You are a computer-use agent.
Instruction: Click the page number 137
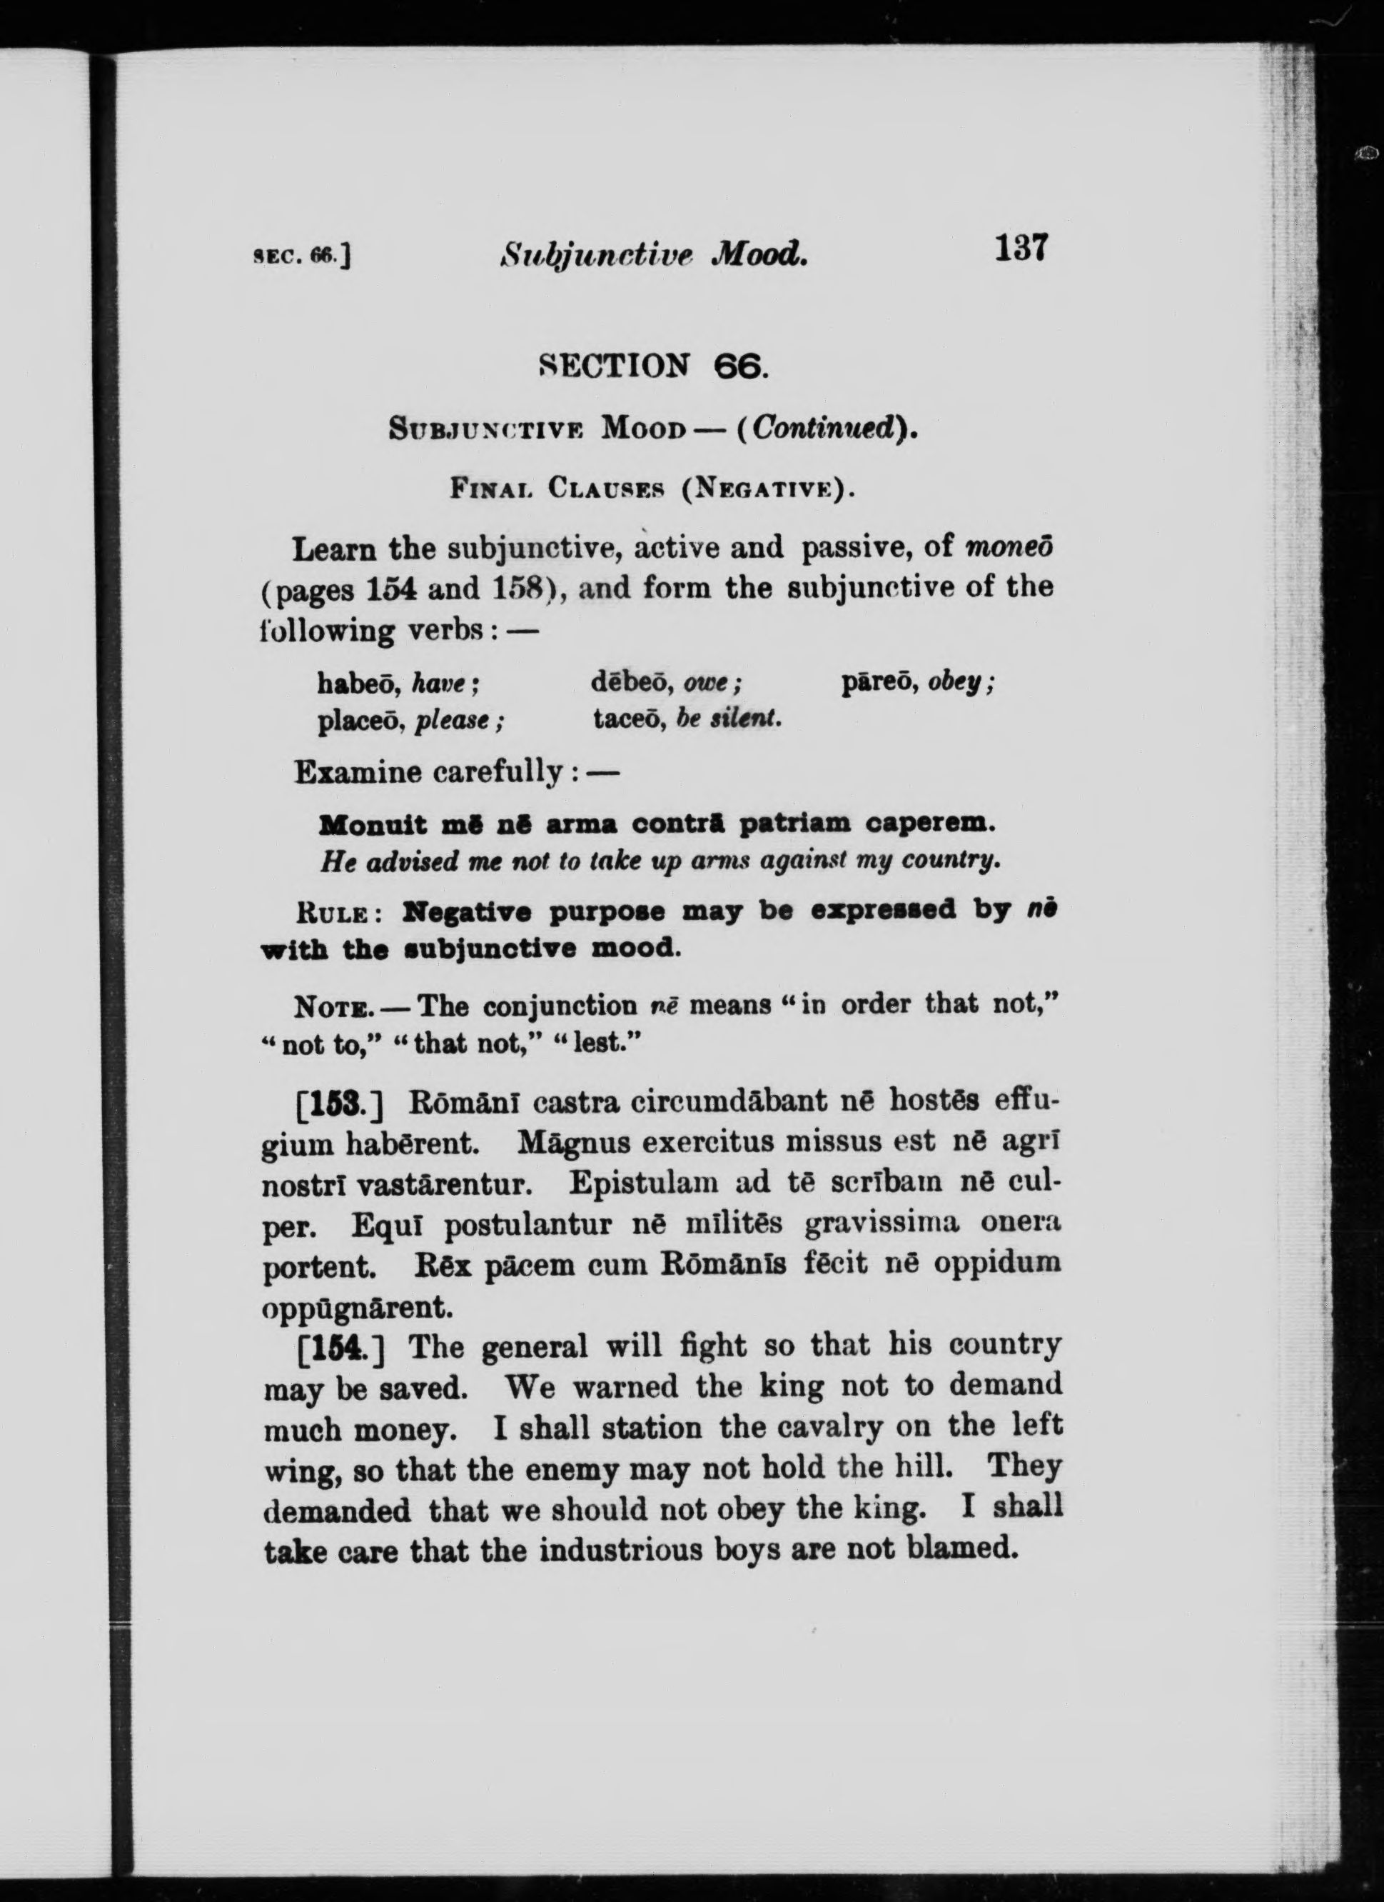point(1020,249)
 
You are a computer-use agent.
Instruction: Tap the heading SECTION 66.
point(653,366)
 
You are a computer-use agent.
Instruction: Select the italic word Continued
point(822,429)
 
